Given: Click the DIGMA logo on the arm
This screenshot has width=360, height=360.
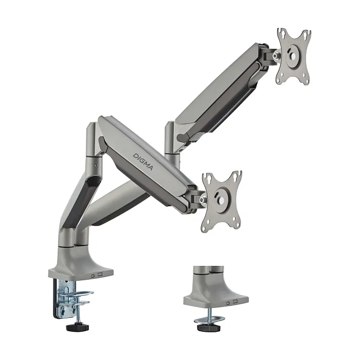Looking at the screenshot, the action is [142, 161].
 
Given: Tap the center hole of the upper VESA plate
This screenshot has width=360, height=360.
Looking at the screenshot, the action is [293, 57].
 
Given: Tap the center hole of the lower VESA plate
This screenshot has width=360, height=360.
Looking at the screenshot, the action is [221, 201].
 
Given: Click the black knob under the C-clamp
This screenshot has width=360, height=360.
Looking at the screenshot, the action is [77, 327].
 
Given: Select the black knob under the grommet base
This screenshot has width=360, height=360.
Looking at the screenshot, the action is [209, 328].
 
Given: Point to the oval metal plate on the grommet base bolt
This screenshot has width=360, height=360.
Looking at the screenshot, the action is [209, 319].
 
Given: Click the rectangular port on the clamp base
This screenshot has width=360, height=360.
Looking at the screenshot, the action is [100, 274].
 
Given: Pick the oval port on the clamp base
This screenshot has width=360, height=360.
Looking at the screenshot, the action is [93, 276].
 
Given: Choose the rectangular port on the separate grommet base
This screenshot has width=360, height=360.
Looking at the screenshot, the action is [235, 301].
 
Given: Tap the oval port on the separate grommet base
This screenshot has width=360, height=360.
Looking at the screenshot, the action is [228, 303].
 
